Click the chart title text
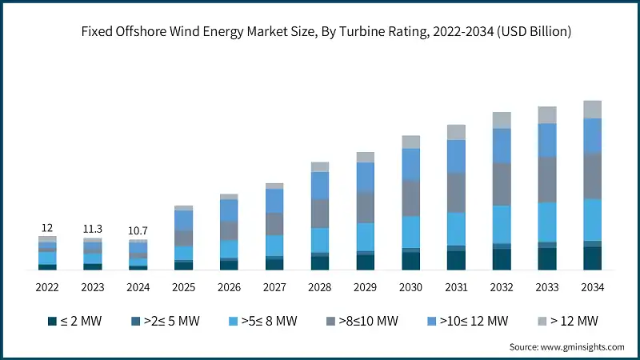coord(319,31)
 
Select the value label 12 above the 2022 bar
coord(47,228)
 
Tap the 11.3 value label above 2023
coord(93,230)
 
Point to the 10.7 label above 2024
coord(138,231)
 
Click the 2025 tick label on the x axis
coord(183,287)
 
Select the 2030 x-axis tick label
coord(410,287)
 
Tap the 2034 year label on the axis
coord(592,287)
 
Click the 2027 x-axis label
coord(274,287)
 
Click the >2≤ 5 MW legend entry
coord(166,321)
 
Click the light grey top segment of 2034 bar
coord(592,109)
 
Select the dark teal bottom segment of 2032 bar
coord(502,259)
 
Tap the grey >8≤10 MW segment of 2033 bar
coord(547,179)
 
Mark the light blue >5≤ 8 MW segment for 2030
coord(410,232)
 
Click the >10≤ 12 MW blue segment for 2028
coord(320,185)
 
